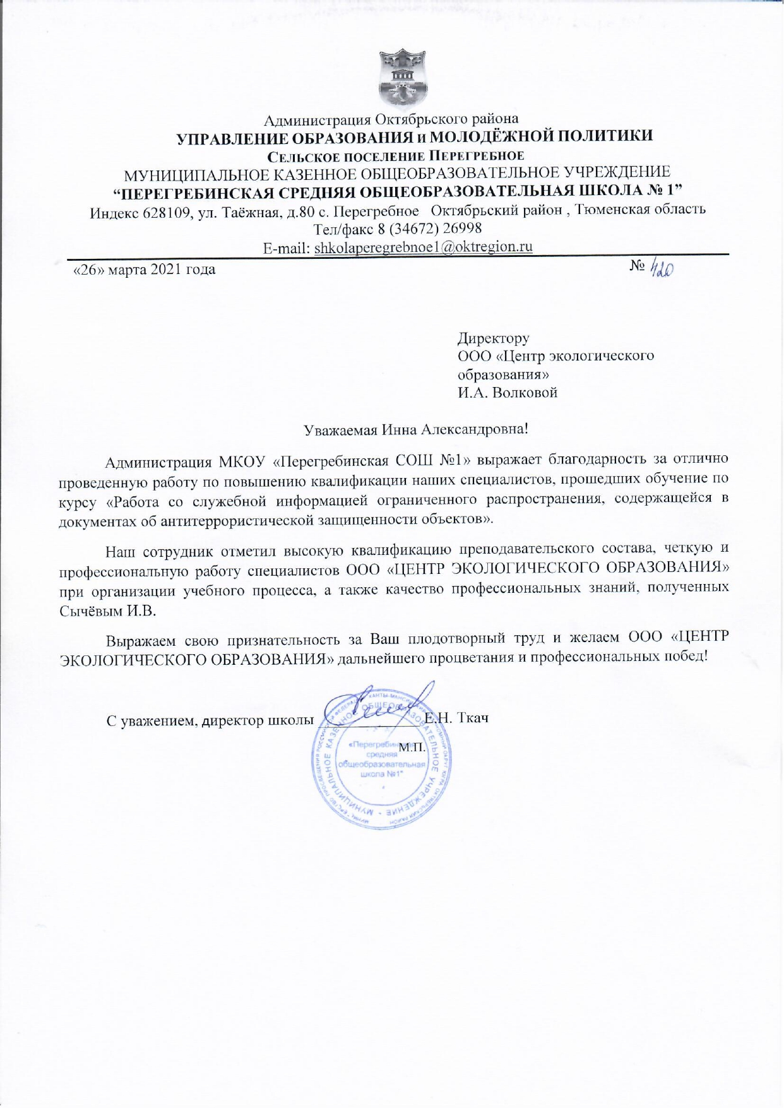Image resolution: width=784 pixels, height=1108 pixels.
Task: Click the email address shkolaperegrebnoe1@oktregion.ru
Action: tap(423, 247)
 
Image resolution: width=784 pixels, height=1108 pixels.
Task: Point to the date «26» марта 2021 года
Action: tap(145, 270)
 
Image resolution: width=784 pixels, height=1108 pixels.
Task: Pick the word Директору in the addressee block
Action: tap(493, 338)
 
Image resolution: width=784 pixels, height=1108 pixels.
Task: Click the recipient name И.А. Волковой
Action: tap(507, 393)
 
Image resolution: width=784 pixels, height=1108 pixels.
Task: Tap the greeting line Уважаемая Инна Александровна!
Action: tap(415, 430)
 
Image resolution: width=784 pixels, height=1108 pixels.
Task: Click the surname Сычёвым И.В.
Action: tap(107, 611)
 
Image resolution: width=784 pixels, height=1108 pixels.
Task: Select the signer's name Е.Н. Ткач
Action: tap(458, 718)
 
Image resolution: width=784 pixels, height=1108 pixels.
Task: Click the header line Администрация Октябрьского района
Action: tap(391, 119)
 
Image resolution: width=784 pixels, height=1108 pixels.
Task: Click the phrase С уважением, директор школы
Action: tap(210, 720)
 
